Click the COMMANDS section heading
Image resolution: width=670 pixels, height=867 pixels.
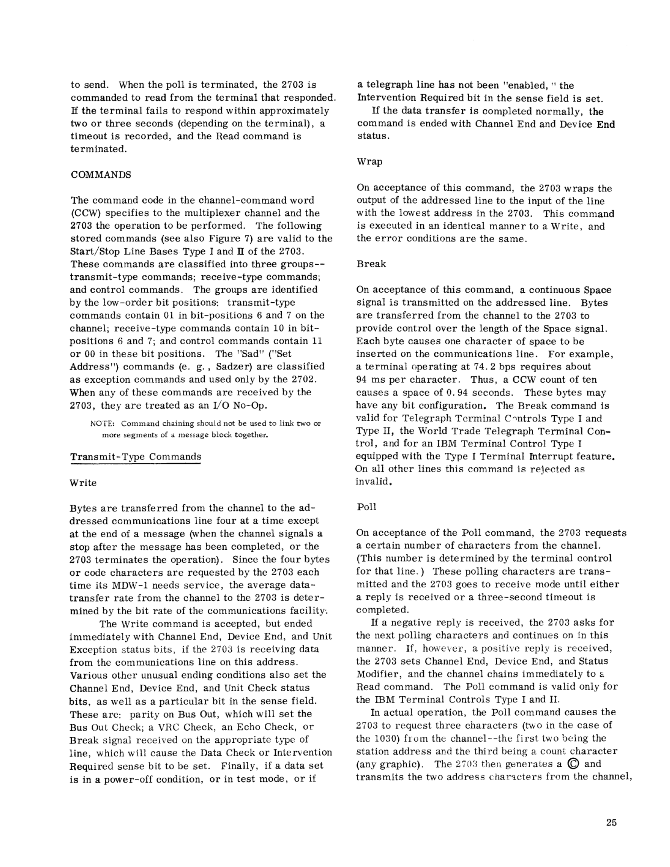click(x=101, y=175)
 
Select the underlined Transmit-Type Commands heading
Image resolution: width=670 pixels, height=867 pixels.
click(x=136, y=457)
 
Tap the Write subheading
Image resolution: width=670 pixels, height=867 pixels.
click(x=83, y=483)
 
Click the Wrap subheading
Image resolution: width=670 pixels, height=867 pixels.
click(x=369, y=162)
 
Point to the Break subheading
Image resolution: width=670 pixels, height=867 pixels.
click(x=371, y=264)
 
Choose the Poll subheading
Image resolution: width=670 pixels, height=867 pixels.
click(x=367, y=507)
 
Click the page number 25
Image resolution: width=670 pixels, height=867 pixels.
click(x=611, y=823)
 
